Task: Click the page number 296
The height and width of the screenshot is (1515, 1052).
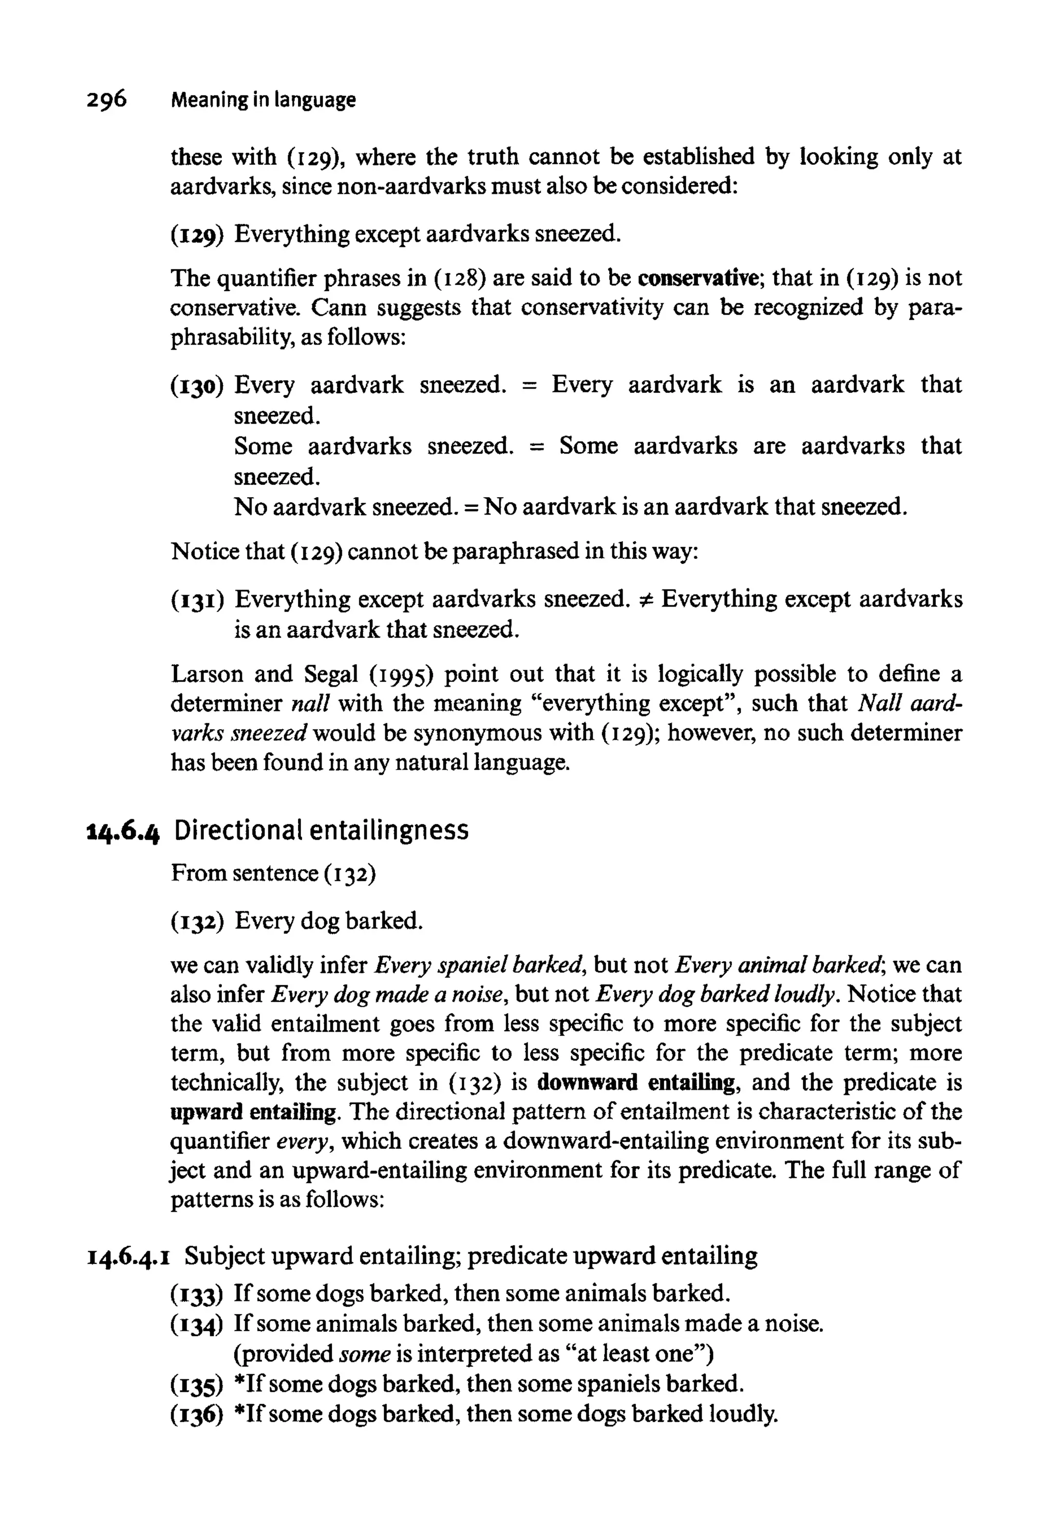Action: pyautogui.click(x=105, y=100)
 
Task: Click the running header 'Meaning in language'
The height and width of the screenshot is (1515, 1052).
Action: pyautogui.click(x=262, y=100)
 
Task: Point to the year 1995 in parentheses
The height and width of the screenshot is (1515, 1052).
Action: pyautogui.click(x=400, y=674)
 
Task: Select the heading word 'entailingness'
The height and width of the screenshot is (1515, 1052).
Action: pyautogui.click(x=389, y=830)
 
